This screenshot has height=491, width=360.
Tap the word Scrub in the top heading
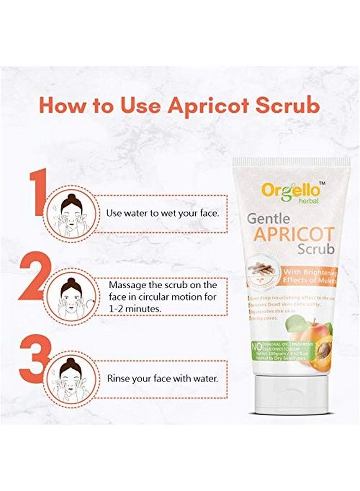point(287,106)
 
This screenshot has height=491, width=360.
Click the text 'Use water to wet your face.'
point(163,212)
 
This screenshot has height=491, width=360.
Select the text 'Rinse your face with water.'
point(163,378)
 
